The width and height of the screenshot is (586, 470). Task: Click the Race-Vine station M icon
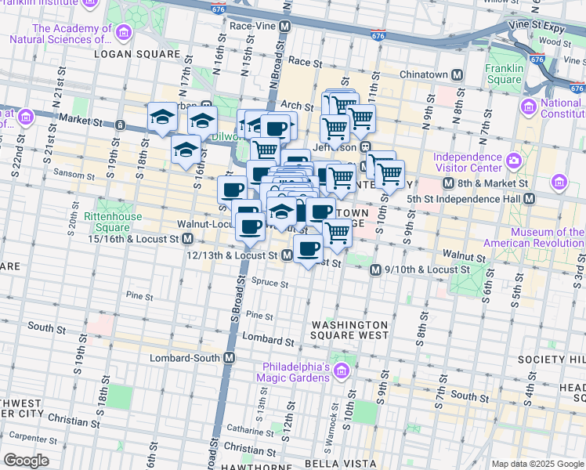[285, 26]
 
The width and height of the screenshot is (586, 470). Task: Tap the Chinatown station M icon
[457, 74]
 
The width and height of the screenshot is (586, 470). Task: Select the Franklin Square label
[504, 74]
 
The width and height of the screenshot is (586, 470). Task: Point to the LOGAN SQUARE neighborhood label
[137, 54]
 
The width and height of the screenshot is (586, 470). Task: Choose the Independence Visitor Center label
[468, 162]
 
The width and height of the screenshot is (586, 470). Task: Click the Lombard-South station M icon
[230, 358]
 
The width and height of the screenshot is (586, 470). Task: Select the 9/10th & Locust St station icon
[375, 269]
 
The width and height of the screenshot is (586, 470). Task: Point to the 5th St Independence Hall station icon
[529, 199]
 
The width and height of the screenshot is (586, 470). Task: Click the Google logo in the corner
[27, 460]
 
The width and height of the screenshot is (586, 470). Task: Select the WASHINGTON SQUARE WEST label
[349, 330]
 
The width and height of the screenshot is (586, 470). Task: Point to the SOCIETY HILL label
[551, 359]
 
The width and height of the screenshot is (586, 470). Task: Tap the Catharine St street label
[249, 429]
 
